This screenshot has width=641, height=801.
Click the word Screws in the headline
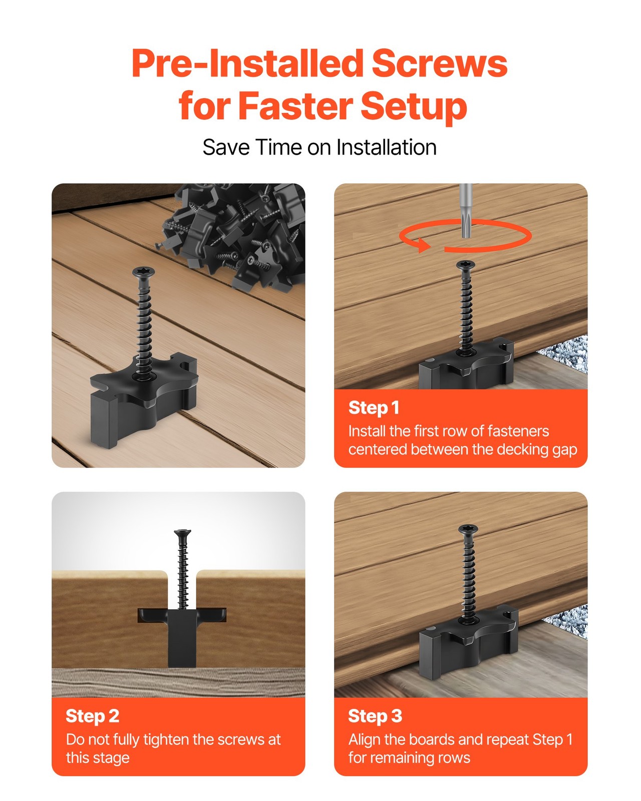439,64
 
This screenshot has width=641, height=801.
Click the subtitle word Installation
386,148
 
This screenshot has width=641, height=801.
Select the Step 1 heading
374,408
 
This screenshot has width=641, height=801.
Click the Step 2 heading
92,716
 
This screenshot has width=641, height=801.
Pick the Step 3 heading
375,716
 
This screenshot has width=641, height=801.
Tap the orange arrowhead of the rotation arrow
423,245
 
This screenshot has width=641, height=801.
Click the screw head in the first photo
144,272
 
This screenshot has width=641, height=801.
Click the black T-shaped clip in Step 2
182,636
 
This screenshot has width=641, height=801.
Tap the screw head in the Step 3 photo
468,529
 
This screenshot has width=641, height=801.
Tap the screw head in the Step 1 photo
466,265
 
